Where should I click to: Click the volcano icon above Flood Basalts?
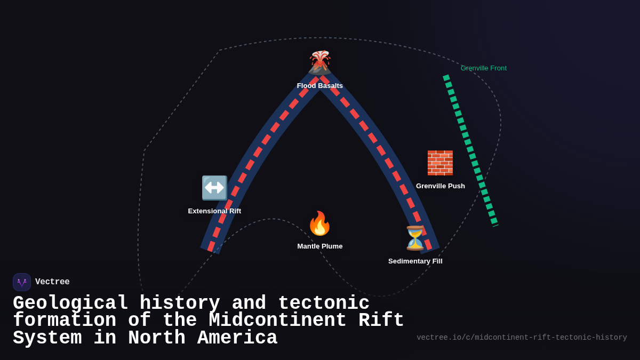click(320, 62)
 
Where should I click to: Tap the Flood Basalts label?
click(320, 86)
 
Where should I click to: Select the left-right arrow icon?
click(214, 188)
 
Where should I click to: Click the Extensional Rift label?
click(214, 211)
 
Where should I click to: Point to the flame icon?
click(320, 223)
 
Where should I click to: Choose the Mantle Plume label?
click(320, 246)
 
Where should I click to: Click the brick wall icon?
click(440, 163)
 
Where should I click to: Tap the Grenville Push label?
click(441, 186)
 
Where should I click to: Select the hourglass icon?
click(415, 238)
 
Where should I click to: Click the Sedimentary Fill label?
click(415, 261)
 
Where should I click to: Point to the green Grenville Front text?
click(484, 68)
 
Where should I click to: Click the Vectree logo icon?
click(22, 282)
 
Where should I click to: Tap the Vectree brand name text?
click(52, 282)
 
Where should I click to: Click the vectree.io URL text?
click(522, 338)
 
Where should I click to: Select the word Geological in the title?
click(70, 303)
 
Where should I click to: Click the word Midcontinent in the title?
click(277, 321)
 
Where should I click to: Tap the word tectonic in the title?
click(324, 303)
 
